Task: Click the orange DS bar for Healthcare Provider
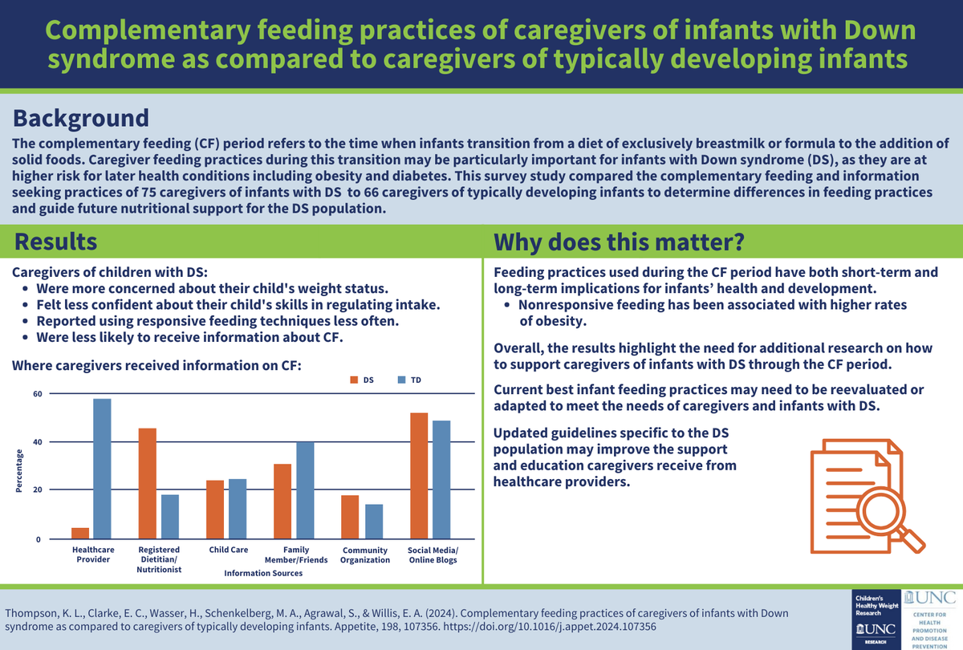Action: tap(80, 534)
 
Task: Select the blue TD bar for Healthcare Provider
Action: tap(102, 469)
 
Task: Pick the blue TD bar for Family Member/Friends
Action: tap(305, 490)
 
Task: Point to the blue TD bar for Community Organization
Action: tap(374, 521)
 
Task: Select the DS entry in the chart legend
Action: tap(364, 380)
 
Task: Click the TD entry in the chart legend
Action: tap(409, 380)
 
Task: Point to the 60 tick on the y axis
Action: tap(37, 394)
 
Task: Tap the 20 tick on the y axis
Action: tap(37, 490)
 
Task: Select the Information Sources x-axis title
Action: tap(263, 573)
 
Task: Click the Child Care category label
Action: tap(228, 550)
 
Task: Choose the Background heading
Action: tap(80, 117)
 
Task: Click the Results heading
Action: tap(57, 242)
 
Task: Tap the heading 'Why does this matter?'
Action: tap(619, 242)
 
